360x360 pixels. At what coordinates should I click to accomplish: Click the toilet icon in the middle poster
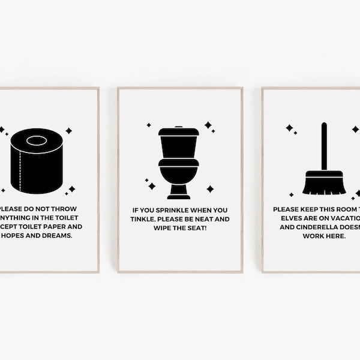coord(178,162)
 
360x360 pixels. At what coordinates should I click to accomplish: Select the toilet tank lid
coord(178,130)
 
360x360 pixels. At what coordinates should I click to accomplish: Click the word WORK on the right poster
coord(313,236)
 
